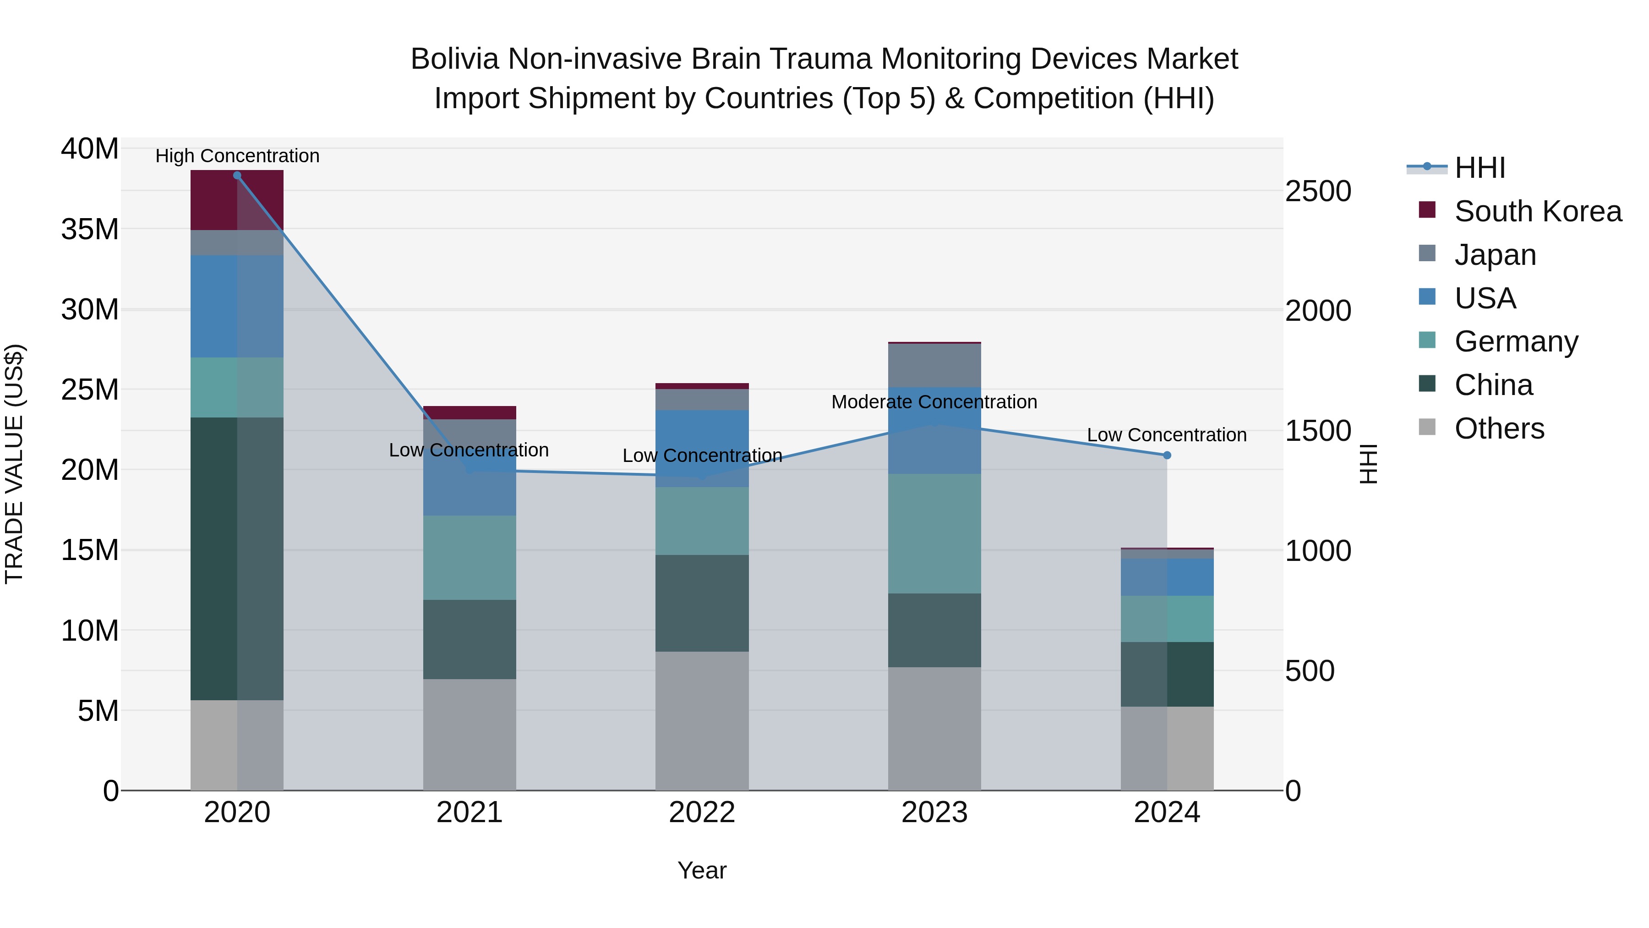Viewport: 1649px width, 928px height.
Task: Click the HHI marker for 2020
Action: [237, 176]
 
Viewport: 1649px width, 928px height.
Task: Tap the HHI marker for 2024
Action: [1167, 456]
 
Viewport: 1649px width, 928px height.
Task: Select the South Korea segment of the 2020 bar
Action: [237, 200]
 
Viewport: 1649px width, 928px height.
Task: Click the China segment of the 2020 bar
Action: [237, 559]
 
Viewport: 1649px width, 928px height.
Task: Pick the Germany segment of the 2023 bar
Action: [934, 533]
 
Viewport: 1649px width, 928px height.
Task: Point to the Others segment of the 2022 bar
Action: [702, 720]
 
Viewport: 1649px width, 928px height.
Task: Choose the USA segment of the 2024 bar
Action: [1167, 577]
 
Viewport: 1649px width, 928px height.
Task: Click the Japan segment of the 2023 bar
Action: [934, 366]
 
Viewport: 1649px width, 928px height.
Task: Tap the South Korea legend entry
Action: [1538, 211]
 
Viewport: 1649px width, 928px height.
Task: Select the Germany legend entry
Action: [1516, 341]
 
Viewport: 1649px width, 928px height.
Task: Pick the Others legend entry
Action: [1499, 428]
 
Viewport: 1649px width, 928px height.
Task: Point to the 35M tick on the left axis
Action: [90, 229]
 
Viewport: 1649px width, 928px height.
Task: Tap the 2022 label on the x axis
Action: [702, 813]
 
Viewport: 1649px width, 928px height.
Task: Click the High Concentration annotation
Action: [237, 156]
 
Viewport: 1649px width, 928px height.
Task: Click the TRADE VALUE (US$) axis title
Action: [15, 464]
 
